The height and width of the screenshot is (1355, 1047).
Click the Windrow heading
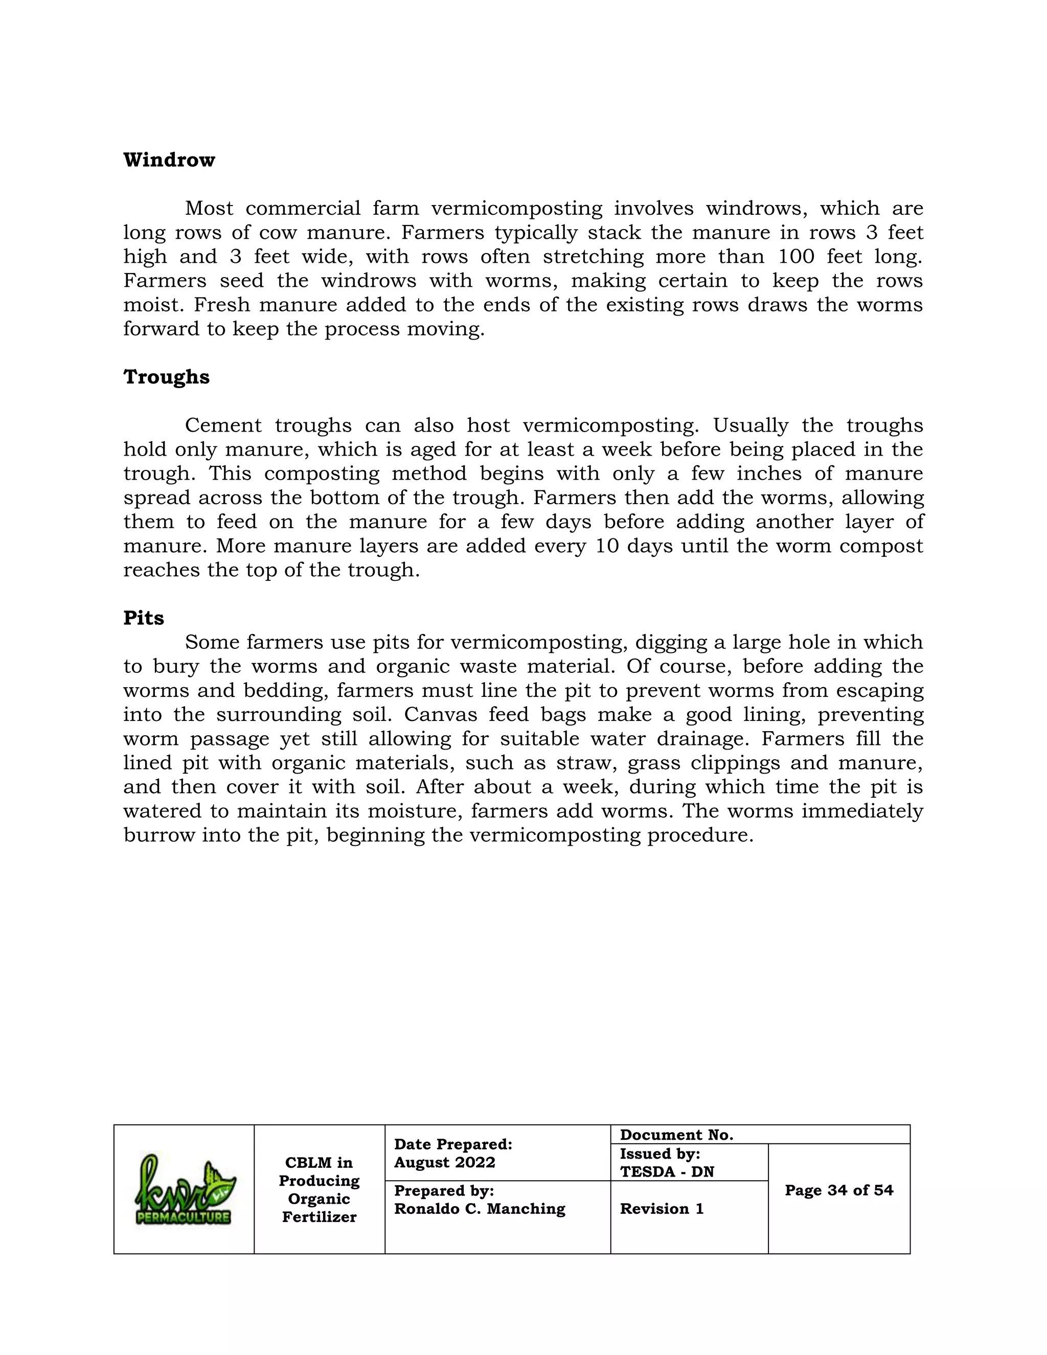point(169,160)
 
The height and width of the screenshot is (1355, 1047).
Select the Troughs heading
point(166,377)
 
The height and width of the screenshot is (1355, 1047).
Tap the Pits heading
point(143,618)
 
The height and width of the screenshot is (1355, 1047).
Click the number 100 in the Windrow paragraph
point(796,256)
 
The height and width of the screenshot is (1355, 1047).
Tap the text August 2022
point(445,1163)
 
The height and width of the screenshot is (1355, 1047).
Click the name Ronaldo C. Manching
point(480,1209)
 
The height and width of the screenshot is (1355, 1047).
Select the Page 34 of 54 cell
point(838,1190)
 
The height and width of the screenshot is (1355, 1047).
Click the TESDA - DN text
point(667,1172)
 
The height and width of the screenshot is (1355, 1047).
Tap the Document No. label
point(676,1135)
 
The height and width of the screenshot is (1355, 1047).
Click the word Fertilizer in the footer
point(319,1217)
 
